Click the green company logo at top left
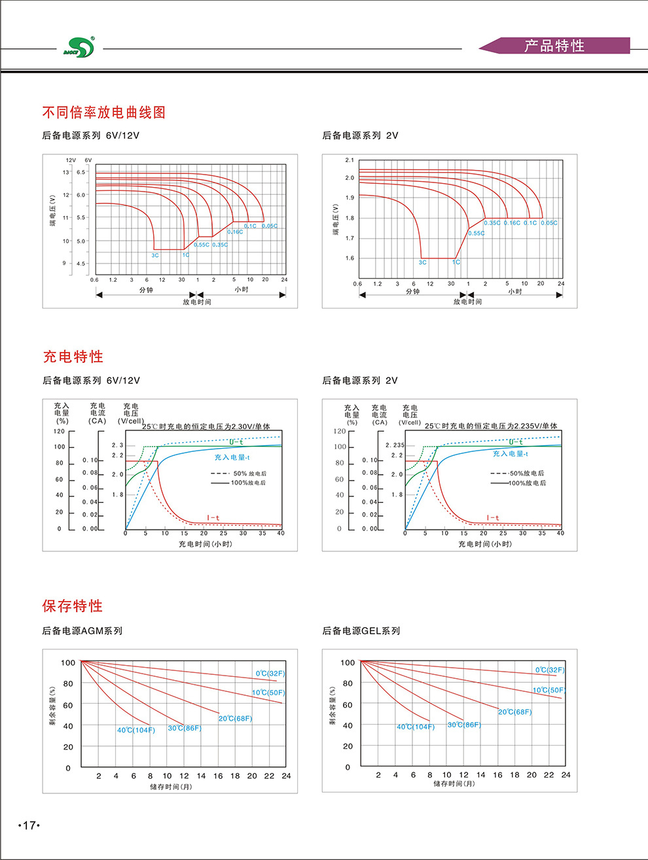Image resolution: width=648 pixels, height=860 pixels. [79, 47]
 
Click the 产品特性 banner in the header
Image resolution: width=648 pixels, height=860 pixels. [554, 46]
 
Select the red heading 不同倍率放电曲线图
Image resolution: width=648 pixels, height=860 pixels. [104, 112]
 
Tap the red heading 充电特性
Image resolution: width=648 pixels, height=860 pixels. [73, 356]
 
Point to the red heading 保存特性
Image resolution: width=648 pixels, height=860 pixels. [73, 606]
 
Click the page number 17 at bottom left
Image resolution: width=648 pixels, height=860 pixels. [29, 825]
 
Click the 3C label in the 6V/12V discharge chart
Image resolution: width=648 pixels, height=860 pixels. [155, 256]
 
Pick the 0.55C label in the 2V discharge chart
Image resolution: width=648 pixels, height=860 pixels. [477, 233]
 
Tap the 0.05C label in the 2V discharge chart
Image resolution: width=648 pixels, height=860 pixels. [550, 223]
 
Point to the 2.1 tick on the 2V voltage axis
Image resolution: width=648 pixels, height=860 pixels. [350, 160]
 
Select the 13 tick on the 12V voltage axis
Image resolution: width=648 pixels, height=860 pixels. [65, 173]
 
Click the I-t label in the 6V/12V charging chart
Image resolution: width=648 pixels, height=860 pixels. [213, 518]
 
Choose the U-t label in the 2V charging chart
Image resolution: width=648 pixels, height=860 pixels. [516, 442]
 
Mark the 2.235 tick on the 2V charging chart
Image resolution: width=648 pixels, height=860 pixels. [395, 445]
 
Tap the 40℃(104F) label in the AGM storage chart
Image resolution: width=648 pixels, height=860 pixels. [136, 731]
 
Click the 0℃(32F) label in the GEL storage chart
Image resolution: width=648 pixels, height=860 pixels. [550, 670]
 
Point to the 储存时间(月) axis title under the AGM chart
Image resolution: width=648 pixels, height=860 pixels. [171, 787]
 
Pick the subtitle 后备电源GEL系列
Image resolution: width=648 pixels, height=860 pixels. [361, 631]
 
